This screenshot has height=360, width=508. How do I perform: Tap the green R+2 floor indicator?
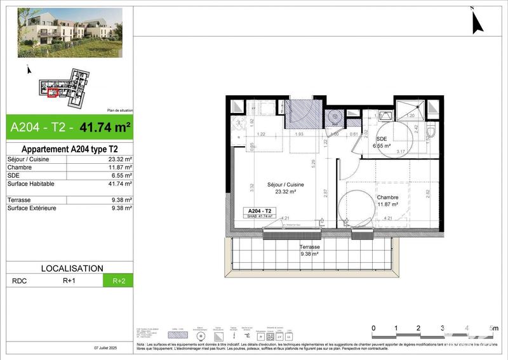(x=118, y=280)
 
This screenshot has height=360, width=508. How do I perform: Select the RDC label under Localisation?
(x=19, y=280)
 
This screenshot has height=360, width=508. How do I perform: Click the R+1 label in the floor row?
(x=69, y=280)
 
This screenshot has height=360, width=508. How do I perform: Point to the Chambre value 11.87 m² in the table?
(x=120, y=168)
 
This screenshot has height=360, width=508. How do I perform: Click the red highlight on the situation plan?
(x=53, y=93)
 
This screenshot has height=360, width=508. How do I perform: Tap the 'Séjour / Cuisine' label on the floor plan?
(x=285, y=185)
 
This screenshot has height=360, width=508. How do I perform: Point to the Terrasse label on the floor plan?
(x=311, y=247)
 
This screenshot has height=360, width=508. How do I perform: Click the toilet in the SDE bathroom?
(x=432, y=132)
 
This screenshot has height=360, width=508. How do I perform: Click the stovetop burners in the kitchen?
(x=239, y=124)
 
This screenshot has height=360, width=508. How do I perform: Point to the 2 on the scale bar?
(x=418, y=328)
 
